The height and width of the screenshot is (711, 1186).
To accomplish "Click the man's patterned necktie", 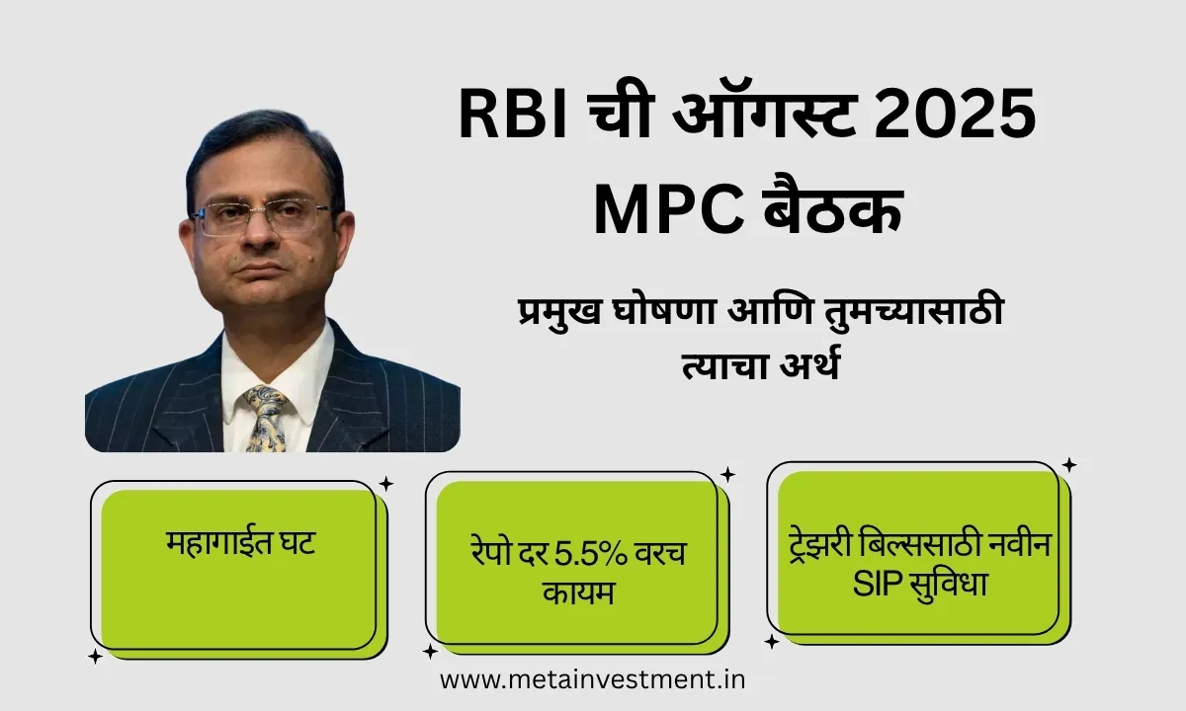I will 264,415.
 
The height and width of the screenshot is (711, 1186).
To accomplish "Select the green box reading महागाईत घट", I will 238,568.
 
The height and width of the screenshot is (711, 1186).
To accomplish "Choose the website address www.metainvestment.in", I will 592,680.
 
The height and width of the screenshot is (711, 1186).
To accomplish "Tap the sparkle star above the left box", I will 385,483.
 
